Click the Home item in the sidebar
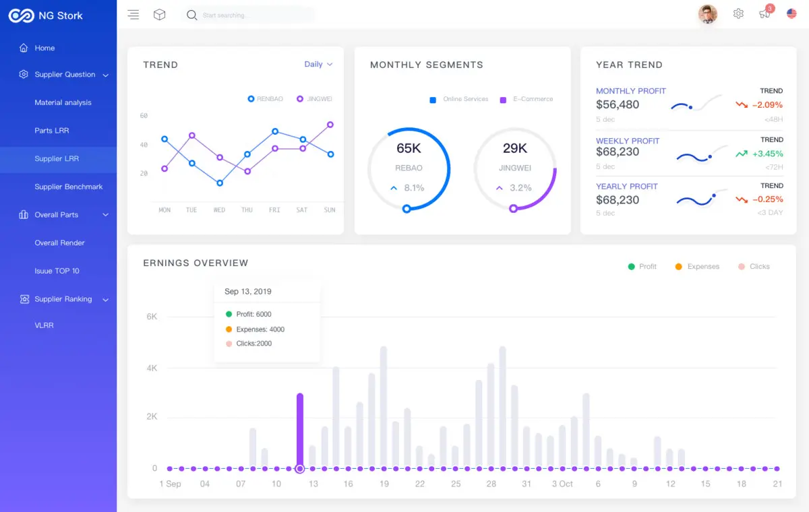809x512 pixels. click(x=44, y=48)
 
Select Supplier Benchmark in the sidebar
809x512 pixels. click(x=69, y=187)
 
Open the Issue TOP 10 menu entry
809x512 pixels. click(x=57, y=271)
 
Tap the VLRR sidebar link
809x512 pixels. click(x=44, y=325)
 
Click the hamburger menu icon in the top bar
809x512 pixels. click(x=133, y=14)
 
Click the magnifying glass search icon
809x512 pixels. click(x=191, y=15)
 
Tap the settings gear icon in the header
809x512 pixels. click(x=738, y=13)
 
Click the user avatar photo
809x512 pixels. click(x=707, y=14)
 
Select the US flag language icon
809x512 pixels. click(x=791, y=13)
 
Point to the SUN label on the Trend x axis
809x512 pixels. click(x=330, y=210)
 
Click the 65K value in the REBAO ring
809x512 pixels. click(x=409, y=148)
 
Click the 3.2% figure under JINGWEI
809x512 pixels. click(x=520, y=188)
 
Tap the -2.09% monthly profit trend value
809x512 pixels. click(x=767, y=105)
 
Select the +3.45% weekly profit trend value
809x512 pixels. click(x=767, y=154)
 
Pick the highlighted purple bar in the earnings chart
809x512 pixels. click(x=300, y=430)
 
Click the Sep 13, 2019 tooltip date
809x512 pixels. click(x=248, y=291)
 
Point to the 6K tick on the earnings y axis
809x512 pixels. click(x=152, y=317)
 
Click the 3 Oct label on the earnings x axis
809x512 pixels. click(x=562, y=484)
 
